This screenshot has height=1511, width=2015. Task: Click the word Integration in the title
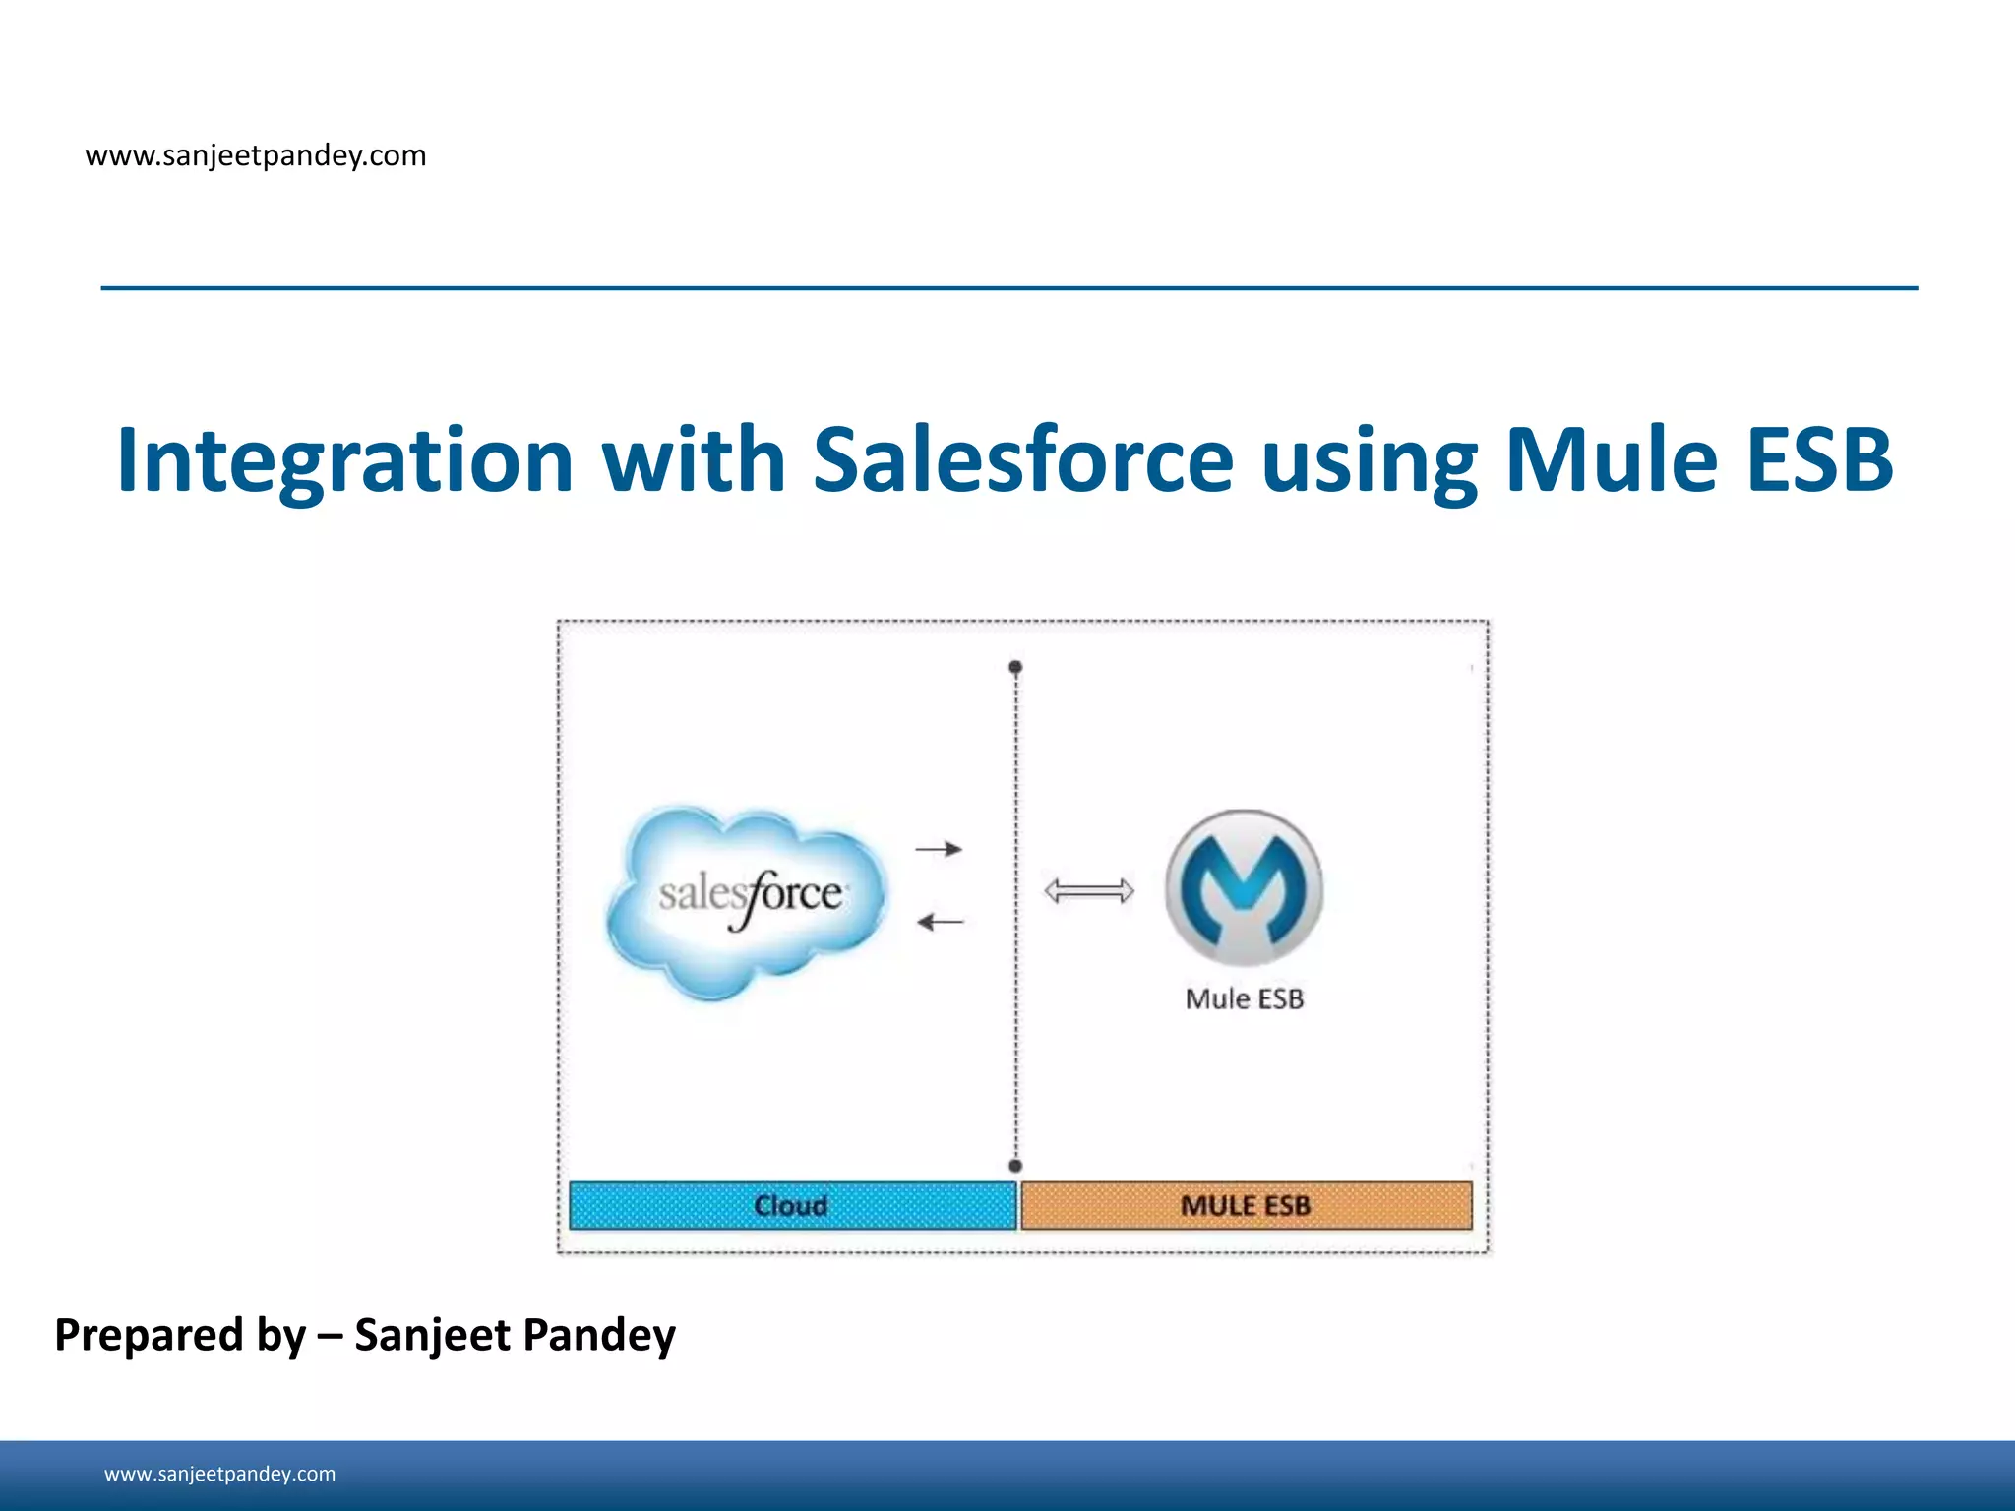pos(344,460)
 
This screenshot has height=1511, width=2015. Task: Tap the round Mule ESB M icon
pos(1244,887)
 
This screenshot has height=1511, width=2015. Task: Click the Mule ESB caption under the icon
pos(1244,998)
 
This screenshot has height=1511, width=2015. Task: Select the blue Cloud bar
pos(792,1205)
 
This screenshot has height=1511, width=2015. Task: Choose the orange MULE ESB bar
pos(1246,1205)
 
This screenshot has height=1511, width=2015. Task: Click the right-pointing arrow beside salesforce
pos(939,848)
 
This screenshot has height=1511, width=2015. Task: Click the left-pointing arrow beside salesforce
pos(940,922)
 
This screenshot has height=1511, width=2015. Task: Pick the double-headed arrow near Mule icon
pos(1088,891)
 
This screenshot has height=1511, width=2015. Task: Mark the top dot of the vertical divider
pos(1015,667)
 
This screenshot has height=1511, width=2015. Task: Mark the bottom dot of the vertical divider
pos(1015,1166)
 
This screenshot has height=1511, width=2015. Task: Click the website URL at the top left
pos(256,155)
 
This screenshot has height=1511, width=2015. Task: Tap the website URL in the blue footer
pos(219,1474)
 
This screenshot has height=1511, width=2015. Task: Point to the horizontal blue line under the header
pos(1008,288)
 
